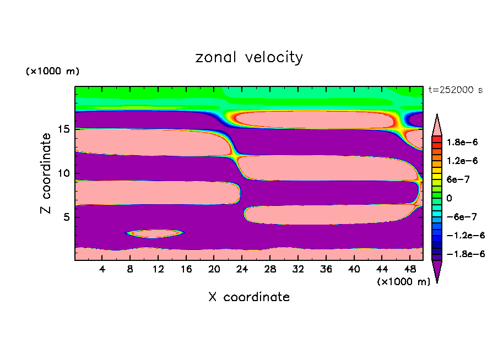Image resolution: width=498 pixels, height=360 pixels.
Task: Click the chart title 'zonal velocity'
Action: [x=249, y=57]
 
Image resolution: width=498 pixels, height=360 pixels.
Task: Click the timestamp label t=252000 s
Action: [x=455, y=90]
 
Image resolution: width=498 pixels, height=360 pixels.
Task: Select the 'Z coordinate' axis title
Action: [x=46, y=173]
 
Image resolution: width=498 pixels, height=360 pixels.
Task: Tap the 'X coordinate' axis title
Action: [x=249, y=297]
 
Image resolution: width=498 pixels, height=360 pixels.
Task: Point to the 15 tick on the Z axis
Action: [x=64, y=129]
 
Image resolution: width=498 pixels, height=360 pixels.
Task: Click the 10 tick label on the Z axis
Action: [x=64, y=173]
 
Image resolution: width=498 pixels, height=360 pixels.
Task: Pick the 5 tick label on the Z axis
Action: [x=67, y=217]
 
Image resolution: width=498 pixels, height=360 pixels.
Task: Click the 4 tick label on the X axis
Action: [x=102, y=270]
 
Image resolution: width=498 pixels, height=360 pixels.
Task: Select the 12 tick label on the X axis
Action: [x=158, y=270]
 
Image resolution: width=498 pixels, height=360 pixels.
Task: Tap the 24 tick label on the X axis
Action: [x=242, y=270]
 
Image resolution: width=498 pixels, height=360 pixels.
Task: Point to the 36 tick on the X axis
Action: [x=326, y=270]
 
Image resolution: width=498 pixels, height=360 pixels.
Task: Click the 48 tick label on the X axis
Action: [x=409, y=270]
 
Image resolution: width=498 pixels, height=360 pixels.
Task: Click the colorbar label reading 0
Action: [x=450, y=198]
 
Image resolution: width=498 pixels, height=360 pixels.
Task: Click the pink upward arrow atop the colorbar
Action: [x=437, y=123]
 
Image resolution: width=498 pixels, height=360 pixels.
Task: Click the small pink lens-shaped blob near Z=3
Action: [x=155, y=234]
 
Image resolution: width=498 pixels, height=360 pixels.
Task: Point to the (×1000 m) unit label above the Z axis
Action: [x=52, y=72]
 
